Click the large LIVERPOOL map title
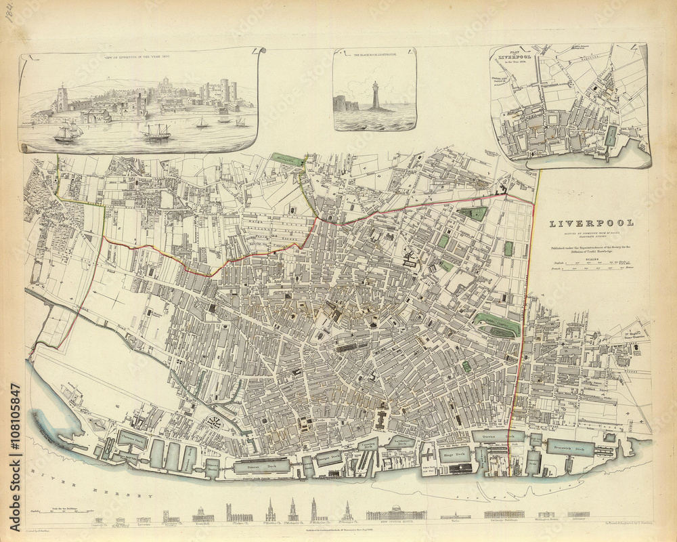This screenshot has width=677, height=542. coord(591,224)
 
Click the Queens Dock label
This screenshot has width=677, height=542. coord(498,437)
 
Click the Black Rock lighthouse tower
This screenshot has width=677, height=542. coord(374,95)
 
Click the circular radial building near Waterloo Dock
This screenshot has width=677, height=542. coord(216,423)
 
